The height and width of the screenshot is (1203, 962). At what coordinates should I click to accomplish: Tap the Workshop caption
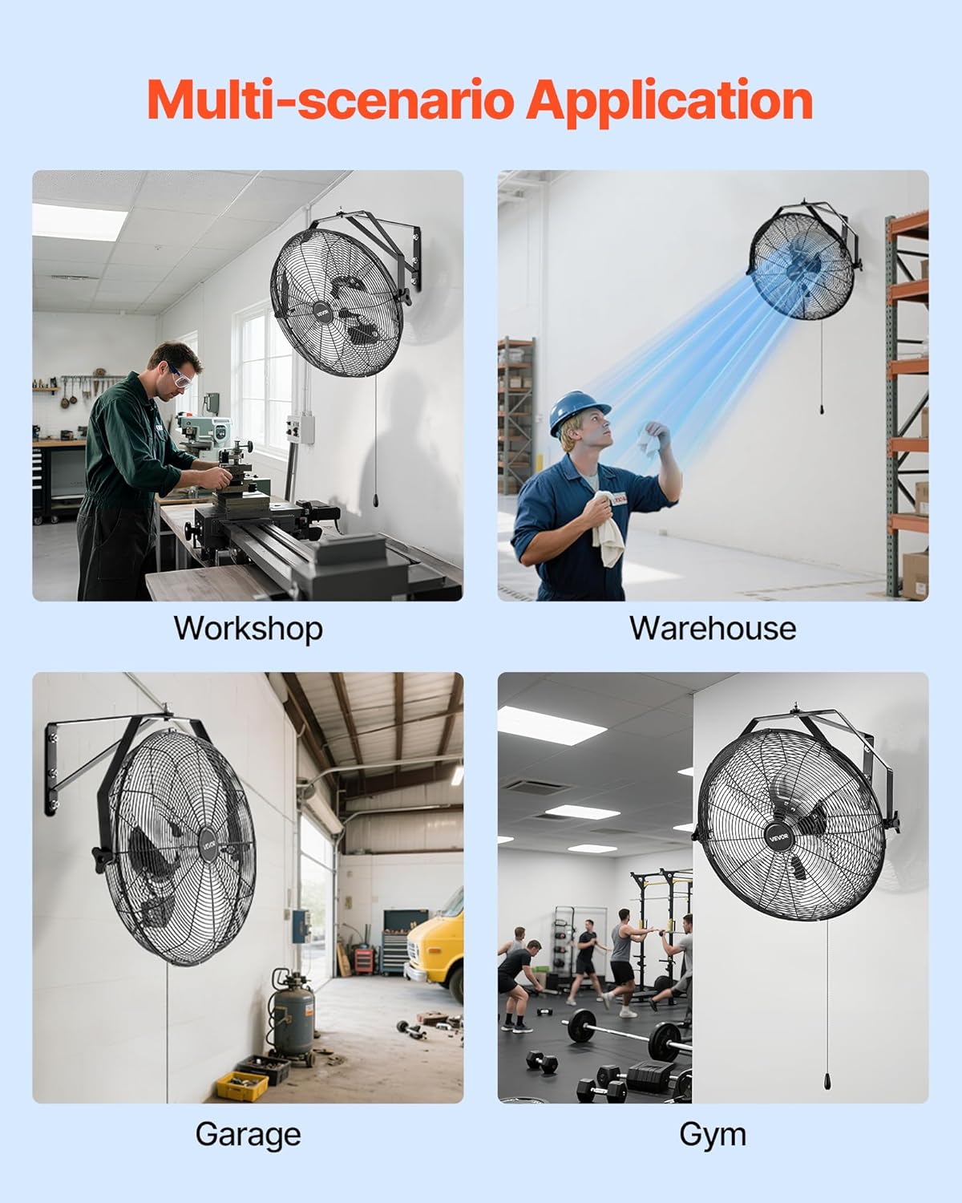tap(249, 629)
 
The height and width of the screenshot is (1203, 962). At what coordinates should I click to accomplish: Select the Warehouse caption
tap(713, 628)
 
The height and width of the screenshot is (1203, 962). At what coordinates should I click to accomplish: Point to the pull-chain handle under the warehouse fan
tap(821, 410)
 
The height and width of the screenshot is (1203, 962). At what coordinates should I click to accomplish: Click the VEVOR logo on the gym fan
tap(778, 836)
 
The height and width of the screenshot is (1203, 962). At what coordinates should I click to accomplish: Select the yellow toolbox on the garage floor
tap(242, 1086)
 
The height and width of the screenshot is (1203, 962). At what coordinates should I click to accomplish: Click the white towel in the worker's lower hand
tap(608, 528)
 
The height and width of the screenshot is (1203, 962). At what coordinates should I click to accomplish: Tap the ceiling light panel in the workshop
tap(79, 221)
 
